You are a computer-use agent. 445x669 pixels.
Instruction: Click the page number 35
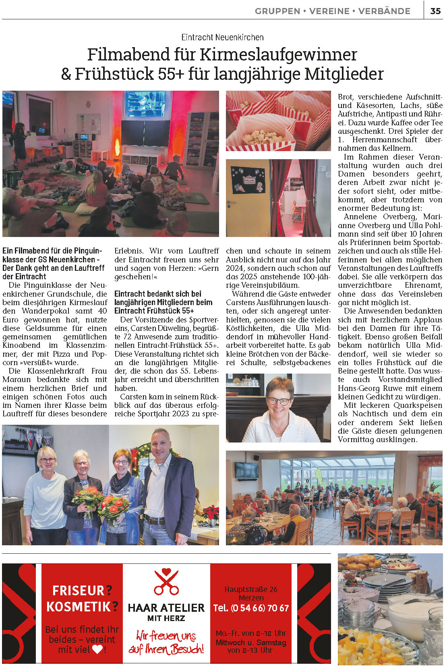pyautogui.click(x=435, y=11)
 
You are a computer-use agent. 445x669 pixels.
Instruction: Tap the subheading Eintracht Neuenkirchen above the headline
pyautogui.click(x=222, y=37)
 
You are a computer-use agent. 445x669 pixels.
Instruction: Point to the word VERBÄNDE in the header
pyautogui.click(x=384, y=11)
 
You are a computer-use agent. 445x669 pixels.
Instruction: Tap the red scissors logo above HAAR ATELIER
pyautogui.click(x=166, y=582)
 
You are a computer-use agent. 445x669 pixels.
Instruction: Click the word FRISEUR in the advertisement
pyautogui.click(x=78, y=590)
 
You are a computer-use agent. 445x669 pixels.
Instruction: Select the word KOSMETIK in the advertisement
pyautogui.click(x=78, y=607)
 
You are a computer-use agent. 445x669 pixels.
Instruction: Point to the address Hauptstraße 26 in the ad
pyautogui.click(x=251, y=589)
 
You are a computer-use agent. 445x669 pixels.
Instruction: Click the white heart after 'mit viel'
pyautogui.click(x=97, y=649)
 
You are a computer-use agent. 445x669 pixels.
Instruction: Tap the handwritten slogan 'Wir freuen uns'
pyautogui.click(x=166, y=636)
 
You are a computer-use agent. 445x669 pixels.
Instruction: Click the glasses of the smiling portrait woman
pyautogui.click(x=278, y=401)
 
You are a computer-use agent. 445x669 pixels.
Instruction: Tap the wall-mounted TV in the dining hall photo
pyautogui.click(x=246, y=470)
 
